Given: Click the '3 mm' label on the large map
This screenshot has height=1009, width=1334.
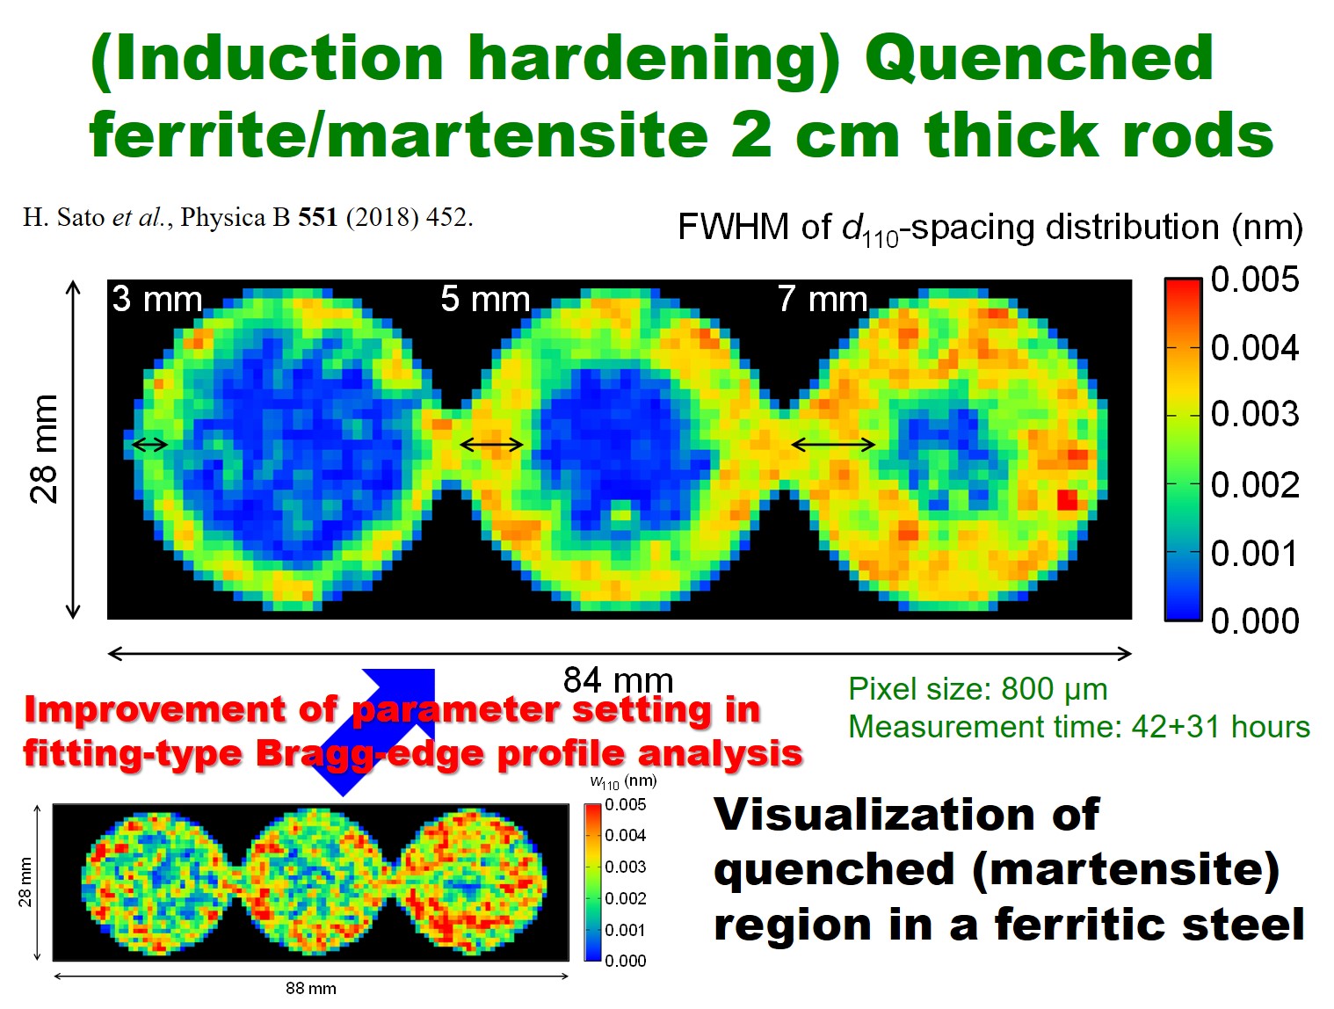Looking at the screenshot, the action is click(x=156, y=299).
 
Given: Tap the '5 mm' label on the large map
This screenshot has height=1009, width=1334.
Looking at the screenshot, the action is click(x=485, y=299).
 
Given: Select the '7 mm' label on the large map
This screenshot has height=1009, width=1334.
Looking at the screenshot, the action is click(x=823, y=299).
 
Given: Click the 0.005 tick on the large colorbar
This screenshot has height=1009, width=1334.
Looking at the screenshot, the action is click(x=1254, y=279).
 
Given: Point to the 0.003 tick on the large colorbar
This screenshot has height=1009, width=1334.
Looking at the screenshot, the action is click(x=1254, y=414).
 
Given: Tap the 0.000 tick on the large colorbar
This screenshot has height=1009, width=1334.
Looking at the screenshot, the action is click(x=1254, y=621).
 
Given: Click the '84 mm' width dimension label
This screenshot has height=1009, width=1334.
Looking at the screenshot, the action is click(x=618, y=679).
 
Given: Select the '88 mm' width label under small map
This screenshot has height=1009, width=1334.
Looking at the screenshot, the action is click(x=310, y=988).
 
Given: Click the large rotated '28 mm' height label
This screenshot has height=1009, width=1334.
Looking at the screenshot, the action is click(x=44, y=449).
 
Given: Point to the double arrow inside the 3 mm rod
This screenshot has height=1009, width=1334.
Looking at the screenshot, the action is click(x=149, y=445).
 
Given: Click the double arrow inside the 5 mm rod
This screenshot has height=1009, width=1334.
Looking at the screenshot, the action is click(x=491, y=445).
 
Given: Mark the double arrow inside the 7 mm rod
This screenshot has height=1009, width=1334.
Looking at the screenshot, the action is click(x=833, y=445).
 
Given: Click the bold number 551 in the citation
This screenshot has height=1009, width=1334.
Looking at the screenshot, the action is click(x=317, y=217).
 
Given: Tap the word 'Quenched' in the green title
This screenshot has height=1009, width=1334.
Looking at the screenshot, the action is click(x=1039, y=58).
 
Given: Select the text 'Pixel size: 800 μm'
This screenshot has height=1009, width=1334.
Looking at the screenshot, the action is click(x=977, y=689).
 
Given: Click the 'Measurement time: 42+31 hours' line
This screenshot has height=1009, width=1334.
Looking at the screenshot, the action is click(x=1079, y=727).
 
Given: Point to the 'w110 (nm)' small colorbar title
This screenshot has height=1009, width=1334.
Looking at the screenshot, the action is click(x=624, y=781).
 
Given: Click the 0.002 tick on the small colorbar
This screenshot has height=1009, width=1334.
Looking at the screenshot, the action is click(x=626, y=898).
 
